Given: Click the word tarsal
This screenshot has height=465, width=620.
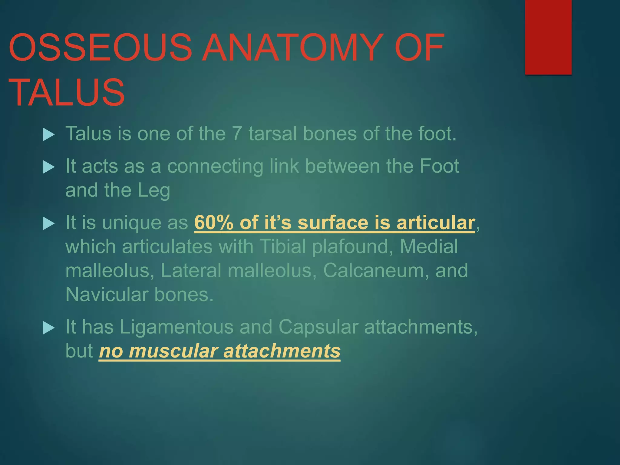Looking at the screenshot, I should point(272,133).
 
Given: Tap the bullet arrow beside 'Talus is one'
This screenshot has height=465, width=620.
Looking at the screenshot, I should point(48,134).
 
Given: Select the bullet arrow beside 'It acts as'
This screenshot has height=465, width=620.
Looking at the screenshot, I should point(48,167).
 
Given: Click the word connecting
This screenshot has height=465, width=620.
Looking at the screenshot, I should point(215,167).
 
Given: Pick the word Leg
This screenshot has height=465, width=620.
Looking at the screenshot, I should point(154,191).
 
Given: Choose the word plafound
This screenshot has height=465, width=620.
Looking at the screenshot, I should point(350,246).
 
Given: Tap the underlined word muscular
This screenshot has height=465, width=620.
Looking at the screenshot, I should point(173,351).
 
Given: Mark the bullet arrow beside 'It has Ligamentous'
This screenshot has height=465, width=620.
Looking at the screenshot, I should point(48,328).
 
